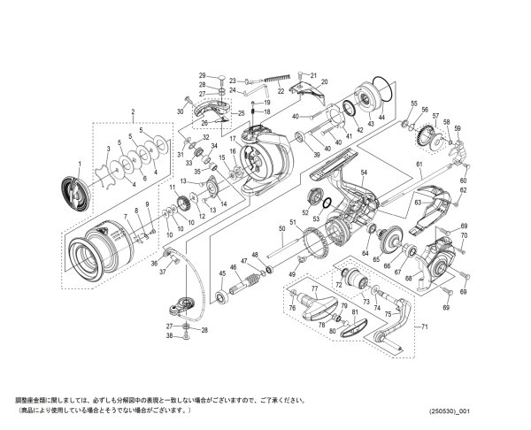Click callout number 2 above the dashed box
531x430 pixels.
pos(132,112)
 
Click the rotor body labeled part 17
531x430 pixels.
pos(265,159)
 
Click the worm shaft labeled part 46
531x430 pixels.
pos(246,285)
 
